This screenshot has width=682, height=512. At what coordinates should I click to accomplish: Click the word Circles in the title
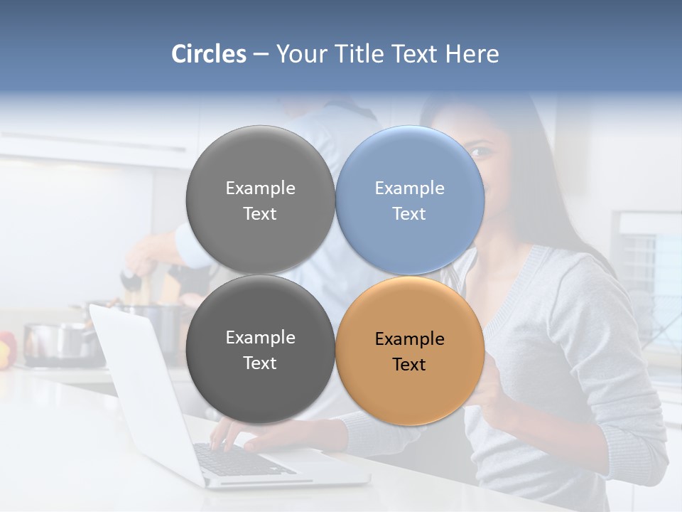click(208, 54)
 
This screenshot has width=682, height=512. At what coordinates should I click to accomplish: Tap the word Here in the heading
click(472, 54)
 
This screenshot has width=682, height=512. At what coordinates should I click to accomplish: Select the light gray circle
click(260, 200)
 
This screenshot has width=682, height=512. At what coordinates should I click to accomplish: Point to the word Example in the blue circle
click(409, 188)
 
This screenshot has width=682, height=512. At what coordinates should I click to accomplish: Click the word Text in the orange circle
click(408, 365)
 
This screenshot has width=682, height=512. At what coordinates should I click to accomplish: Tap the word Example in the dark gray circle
click(260, 338)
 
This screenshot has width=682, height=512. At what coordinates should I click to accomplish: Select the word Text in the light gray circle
click(260, 214)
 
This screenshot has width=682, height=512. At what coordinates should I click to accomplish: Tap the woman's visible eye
click(480, 152)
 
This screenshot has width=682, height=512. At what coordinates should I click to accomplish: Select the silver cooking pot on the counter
click(60, 341)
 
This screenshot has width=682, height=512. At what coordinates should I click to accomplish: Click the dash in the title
click(261, 54)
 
